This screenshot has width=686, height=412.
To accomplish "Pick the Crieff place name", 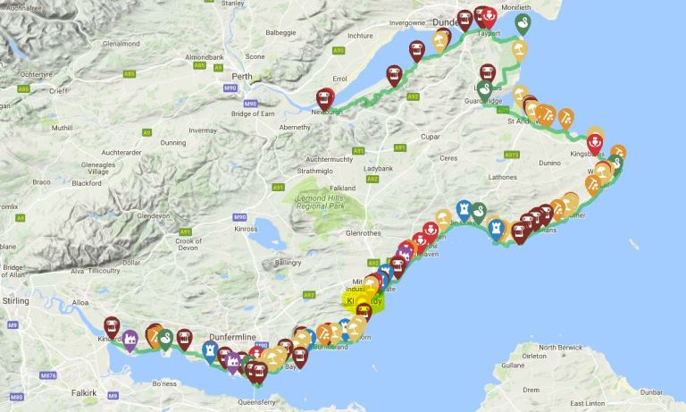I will tap(59, 91).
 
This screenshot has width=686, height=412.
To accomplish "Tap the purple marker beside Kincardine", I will tap(130, 340).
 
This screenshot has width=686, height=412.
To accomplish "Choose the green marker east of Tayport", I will tap(523, 23).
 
